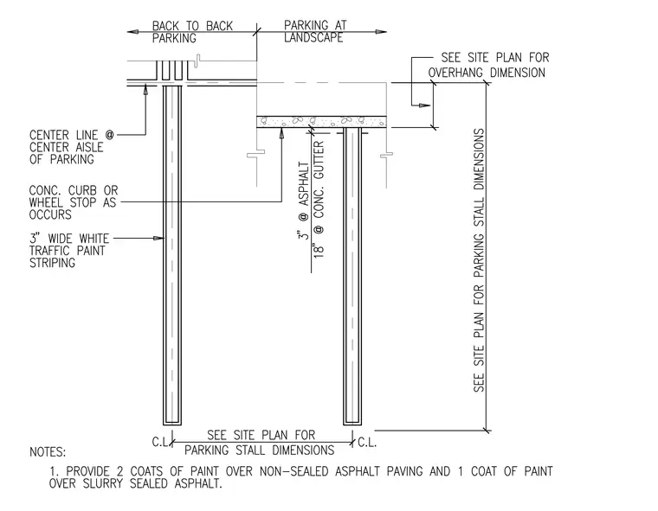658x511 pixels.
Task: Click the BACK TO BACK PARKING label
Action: [192, 32]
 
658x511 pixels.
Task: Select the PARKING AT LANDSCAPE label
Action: [315, 31]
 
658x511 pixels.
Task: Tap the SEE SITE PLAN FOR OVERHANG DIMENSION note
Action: [488, 65]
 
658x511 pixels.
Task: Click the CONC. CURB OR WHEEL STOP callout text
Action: [74, 202]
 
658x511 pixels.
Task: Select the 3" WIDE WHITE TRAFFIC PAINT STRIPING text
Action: [68, 251]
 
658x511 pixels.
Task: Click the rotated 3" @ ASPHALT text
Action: [303, 201]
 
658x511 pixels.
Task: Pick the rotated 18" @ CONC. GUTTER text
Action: [319, 199]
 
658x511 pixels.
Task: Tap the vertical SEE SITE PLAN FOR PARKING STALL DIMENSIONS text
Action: [479, 260]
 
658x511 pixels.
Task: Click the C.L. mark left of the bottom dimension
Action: [160, 442]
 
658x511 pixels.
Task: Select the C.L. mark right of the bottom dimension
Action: [367, 443]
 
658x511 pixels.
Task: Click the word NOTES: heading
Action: [48, 452]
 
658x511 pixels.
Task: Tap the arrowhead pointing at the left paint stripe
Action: [158, 238]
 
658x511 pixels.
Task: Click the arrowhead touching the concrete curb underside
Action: [281, 132]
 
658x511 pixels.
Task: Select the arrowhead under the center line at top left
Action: [145, 91]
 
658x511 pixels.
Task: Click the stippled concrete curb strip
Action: [321, 122]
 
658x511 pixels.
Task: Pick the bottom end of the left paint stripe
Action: [172, 424]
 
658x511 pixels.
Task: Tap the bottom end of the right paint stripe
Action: [352, 424]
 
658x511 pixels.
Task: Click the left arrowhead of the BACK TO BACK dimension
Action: [132, 31]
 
